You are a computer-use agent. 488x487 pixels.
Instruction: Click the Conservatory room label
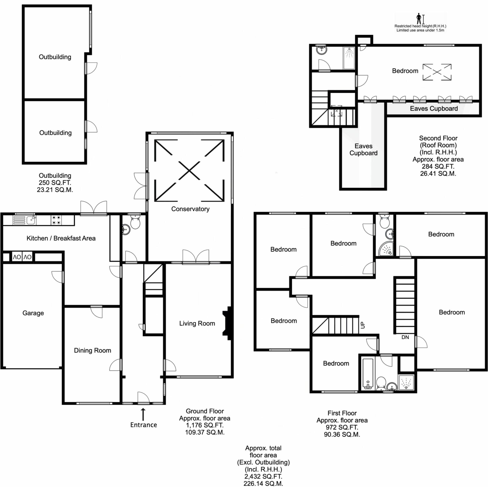click(x=190, y=209)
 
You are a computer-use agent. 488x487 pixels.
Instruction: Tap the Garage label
click(x=33, y=313)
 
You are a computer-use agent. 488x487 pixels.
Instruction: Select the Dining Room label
click(x=92, y=350)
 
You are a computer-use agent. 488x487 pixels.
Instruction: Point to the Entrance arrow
click(x=143, y=414)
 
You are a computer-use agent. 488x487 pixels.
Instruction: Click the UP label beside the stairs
click(x=363, y=325)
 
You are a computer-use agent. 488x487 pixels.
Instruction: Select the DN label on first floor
click(x=405, y=337)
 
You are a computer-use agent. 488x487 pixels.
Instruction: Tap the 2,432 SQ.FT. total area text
click(x=263, y=476)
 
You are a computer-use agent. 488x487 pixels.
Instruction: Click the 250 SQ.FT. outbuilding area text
click(x=55, y=183)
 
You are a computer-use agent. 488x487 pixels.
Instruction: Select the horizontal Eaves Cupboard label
click(x=434, y=109)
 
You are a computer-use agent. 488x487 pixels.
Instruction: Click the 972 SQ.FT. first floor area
click(x=342, y=427)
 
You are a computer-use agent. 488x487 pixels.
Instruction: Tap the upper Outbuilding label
click(x=55, y=57)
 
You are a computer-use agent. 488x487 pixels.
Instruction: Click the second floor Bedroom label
click(x=405, y=71)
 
